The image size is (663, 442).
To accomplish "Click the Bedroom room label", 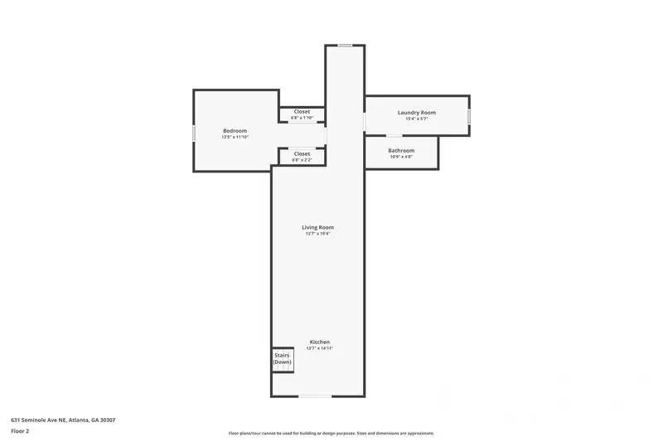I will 235,130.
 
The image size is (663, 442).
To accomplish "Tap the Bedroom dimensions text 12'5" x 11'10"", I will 235,137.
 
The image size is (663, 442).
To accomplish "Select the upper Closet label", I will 302,111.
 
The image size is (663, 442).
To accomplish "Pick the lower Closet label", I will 302,153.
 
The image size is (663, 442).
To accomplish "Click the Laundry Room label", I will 416,112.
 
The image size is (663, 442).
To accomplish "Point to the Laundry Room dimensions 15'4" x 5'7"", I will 416,119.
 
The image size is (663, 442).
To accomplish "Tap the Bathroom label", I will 401,150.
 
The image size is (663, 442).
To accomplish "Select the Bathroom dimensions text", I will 401,157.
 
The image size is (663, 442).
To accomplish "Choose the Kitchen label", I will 319,342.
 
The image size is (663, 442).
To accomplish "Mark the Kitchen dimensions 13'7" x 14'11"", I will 319,348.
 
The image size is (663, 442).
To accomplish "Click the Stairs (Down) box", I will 283,359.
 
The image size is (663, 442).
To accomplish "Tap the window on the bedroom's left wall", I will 194,133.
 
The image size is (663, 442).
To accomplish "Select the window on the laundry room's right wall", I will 468,116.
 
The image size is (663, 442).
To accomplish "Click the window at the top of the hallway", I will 345,45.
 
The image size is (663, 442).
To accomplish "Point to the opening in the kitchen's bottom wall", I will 315,396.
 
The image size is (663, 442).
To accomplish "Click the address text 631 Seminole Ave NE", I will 63,420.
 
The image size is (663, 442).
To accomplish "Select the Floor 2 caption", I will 20,431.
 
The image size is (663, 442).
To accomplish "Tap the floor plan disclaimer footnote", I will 331,433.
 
